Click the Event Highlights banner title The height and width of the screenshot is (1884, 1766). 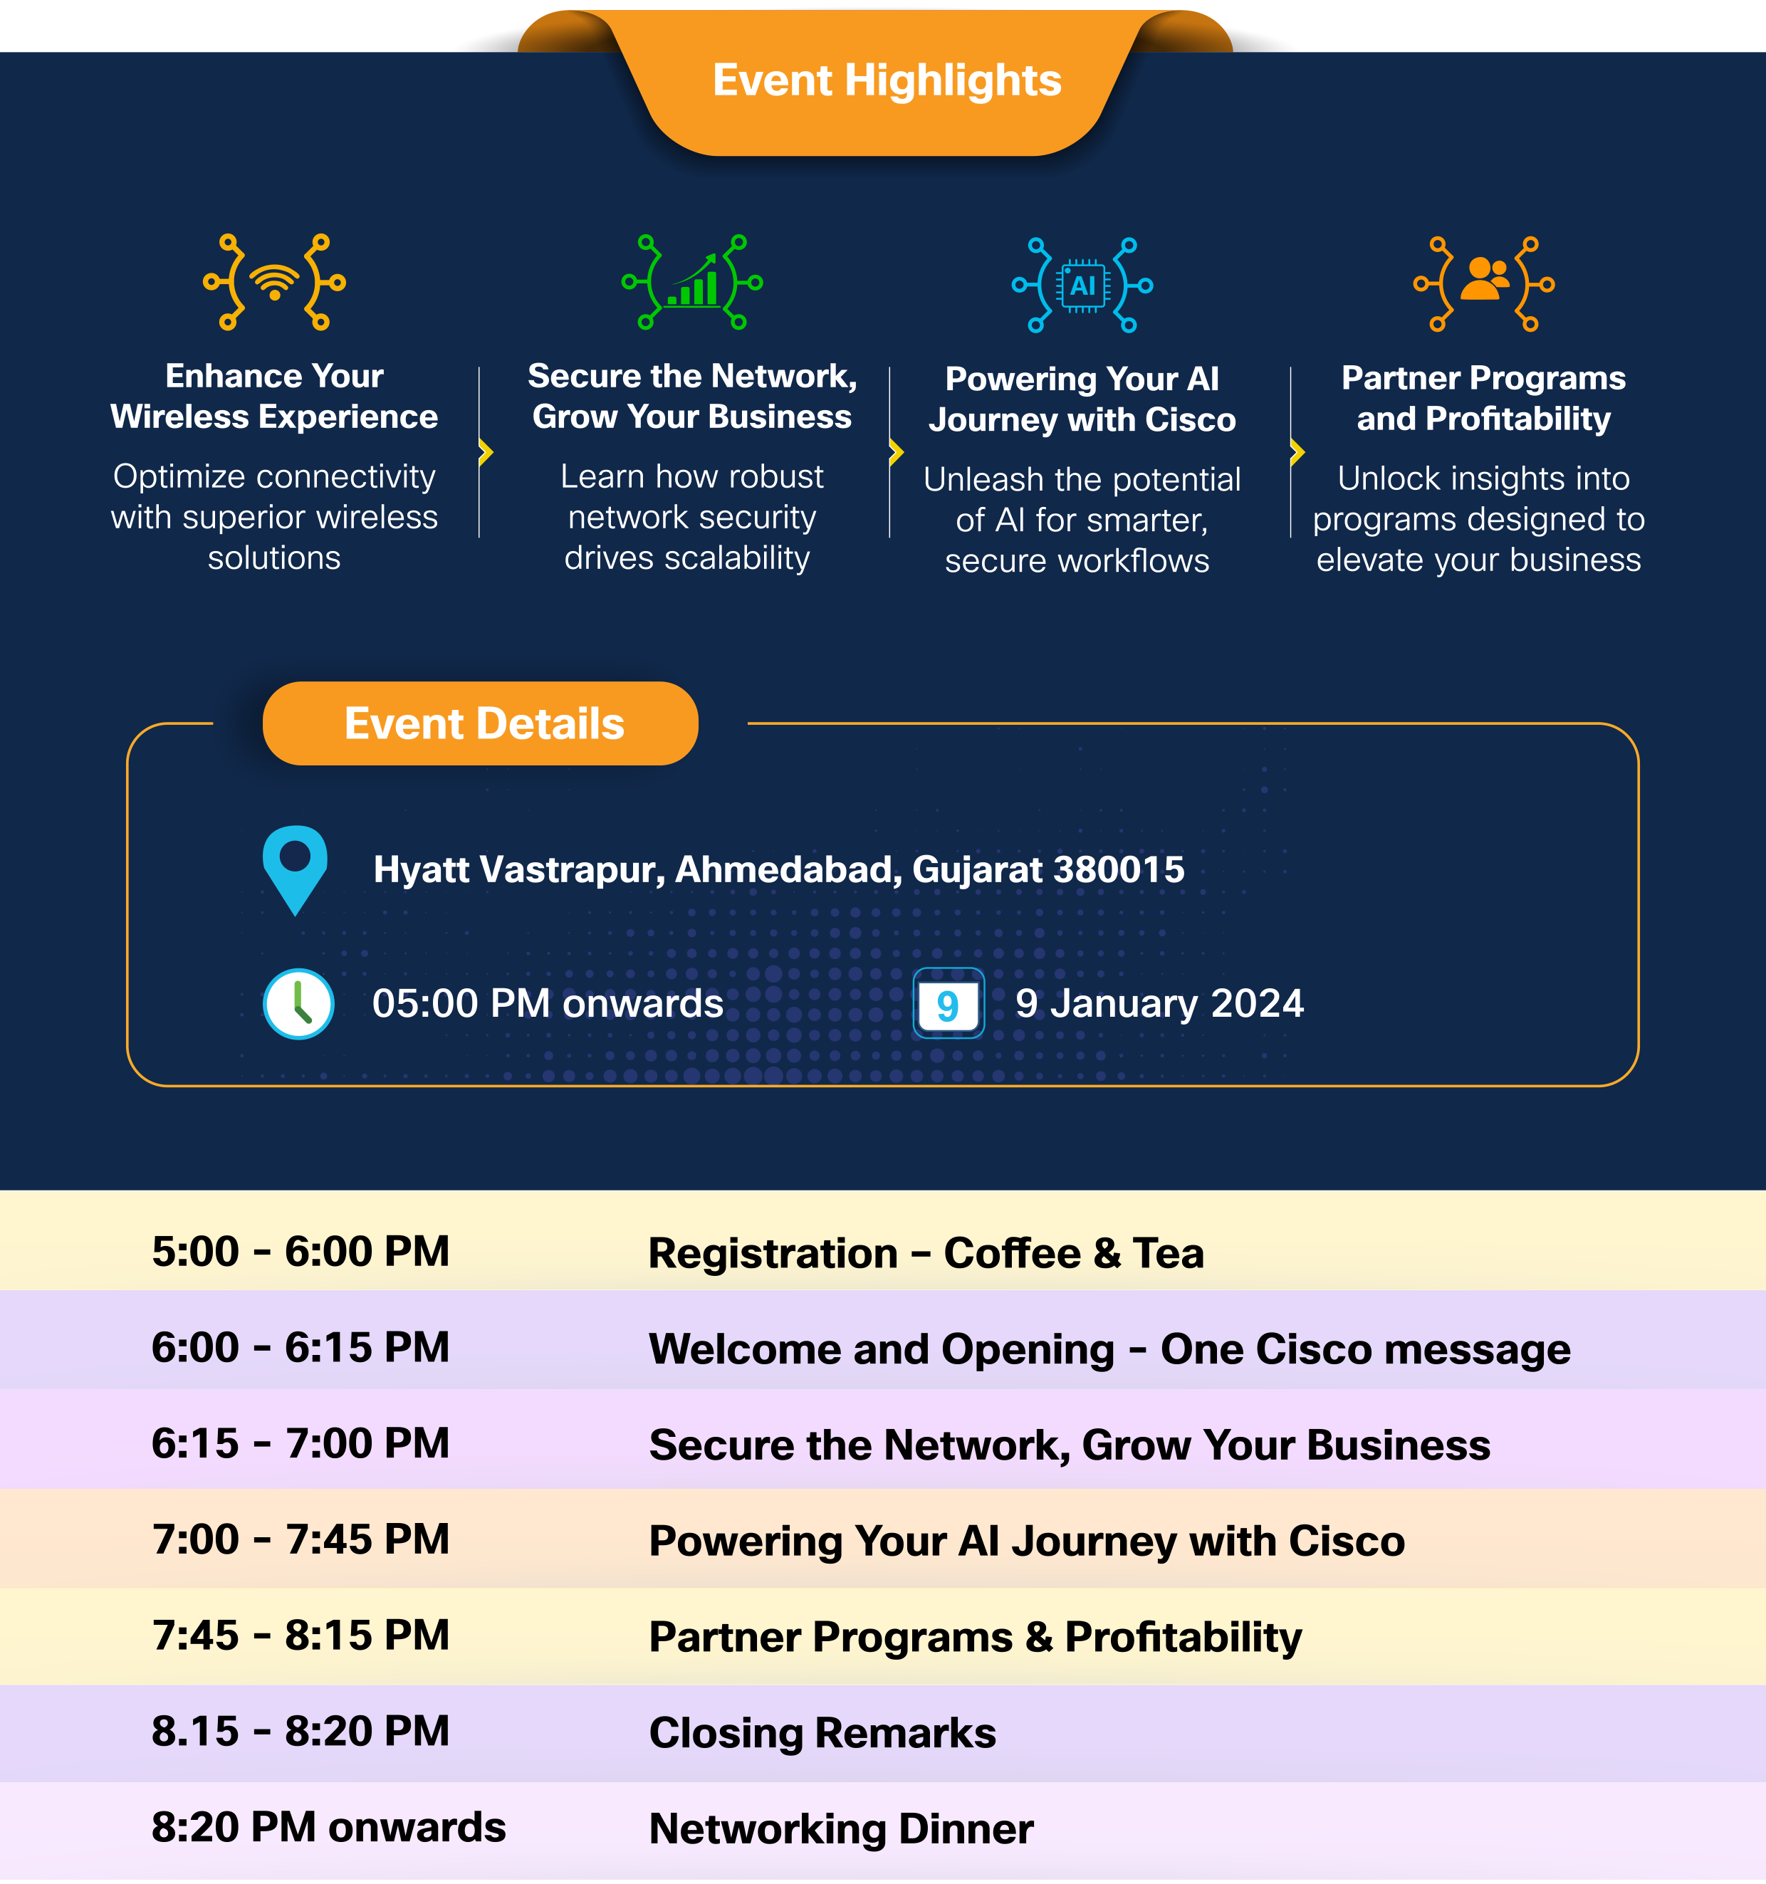pyautogui.click(x=887, y=80)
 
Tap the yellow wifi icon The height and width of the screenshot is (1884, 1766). pyautogui.click(x=275, y=281)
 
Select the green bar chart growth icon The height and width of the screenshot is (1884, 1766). pyautogui.click(x=692, y=281)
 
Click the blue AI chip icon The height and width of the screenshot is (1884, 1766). pyautogui.click(x=1082, y=284)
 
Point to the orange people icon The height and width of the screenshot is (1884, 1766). pyautogui.click(x=1485, y=280)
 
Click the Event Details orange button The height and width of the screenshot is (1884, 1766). pyautogui.click(x=481, y=723)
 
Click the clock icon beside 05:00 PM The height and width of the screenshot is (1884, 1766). pyautogui.click(x=298, y=1004)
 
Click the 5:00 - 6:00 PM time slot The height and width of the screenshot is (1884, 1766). pyautogui.click(x=301, y=1252)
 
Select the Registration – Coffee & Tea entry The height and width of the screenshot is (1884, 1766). pyautogui.click(x=926, y=1253)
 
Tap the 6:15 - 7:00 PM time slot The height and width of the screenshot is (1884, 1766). pyautogui.click(x=301, y=1443)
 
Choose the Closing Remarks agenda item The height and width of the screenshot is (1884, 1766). pyautogui.click(x=822, y=1732)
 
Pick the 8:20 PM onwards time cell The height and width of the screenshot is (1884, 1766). pyautogui.click(x=329, y=1827)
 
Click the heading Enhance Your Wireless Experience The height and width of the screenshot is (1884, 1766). pyautogui.click(x=274, y=396)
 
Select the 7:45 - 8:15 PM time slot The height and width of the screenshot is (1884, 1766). pyautogui.click(x=301, y=1636)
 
